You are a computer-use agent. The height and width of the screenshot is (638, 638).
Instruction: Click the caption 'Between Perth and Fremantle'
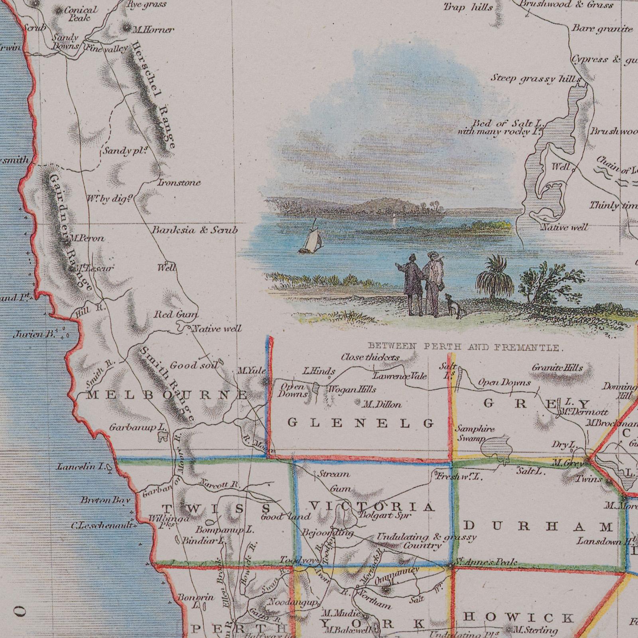465,347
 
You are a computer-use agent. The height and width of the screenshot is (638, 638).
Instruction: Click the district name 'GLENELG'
361,423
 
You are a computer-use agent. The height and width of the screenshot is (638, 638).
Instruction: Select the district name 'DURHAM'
539,527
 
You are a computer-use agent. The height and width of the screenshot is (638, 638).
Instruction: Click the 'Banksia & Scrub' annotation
194,230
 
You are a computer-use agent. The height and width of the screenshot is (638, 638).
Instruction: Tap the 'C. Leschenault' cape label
102,525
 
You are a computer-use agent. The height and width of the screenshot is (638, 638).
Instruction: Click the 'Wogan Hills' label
352,389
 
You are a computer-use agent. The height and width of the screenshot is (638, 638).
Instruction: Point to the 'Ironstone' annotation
179,183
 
